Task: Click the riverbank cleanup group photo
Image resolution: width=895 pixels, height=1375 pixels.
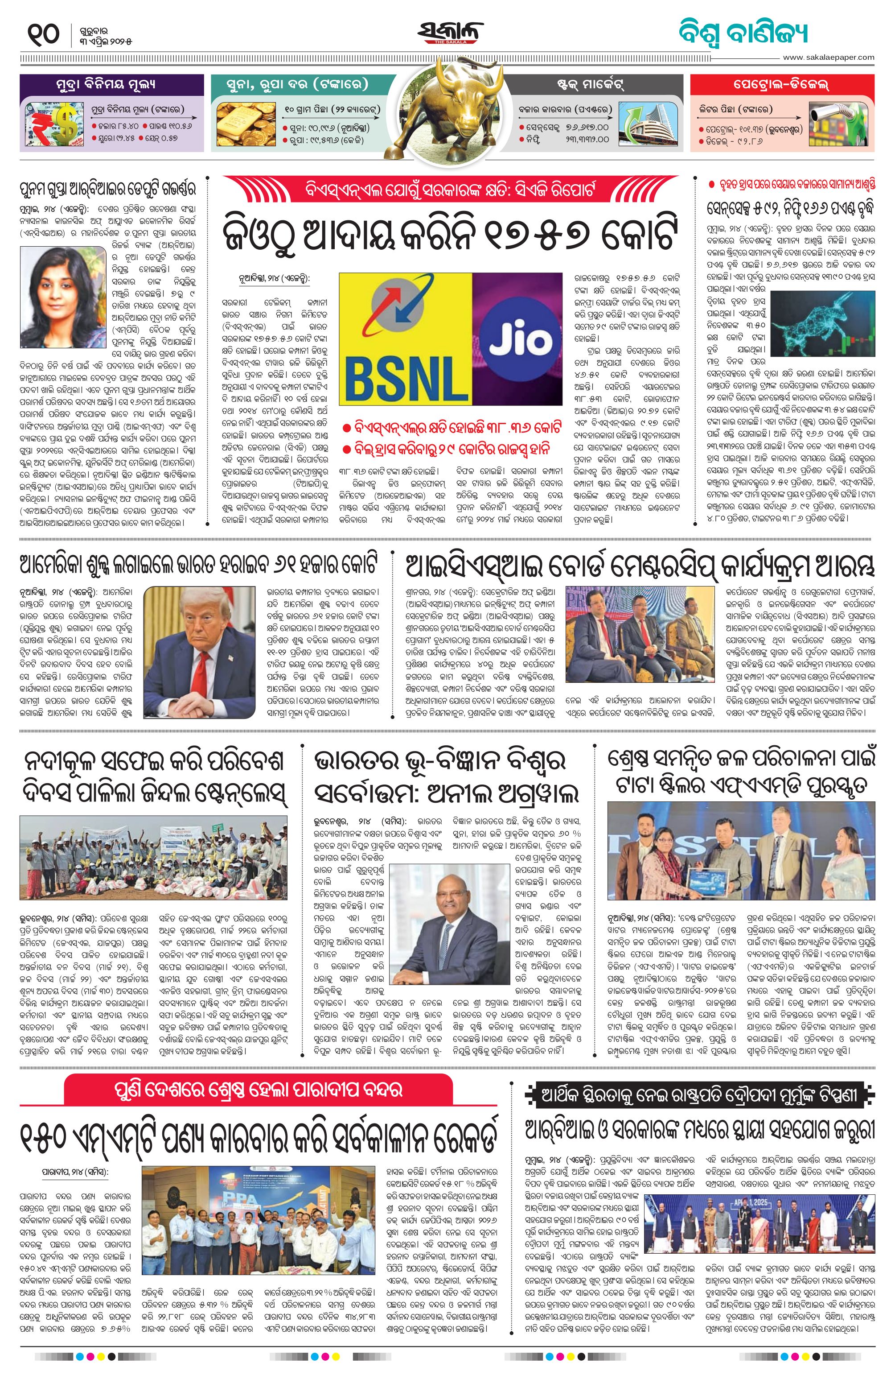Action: coord(153,858)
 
